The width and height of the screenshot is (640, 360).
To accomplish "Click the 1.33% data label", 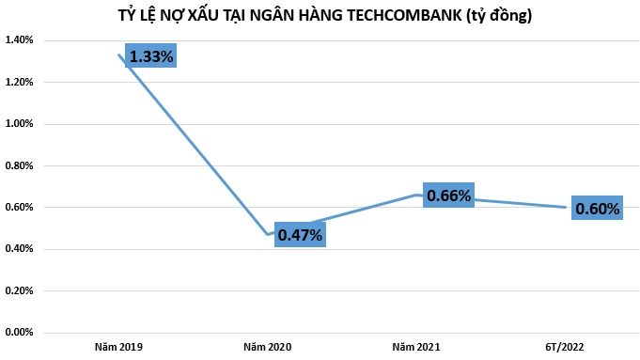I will [151, 56].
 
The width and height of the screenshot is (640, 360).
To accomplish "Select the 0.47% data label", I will [300, 235].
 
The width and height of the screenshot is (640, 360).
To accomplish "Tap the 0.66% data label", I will [448, 196].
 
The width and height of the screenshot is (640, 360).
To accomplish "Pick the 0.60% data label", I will [598, 209].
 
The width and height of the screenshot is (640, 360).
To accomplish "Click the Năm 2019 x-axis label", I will [119, 348].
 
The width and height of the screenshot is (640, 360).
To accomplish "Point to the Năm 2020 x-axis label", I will [268, 348].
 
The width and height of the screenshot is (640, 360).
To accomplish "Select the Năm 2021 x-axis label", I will [416, 348].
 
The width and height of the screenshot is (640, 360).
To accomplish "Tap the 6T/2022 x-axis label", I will [565, 348].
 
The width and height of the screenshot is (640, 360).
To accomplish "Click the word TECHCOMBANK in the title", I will [410, 15].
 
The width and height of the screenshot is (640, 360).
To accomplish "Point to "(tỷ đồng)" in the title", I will [499, 15].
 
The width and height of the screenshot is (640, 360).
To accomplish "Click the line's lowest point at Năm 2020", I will [268, 234].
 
